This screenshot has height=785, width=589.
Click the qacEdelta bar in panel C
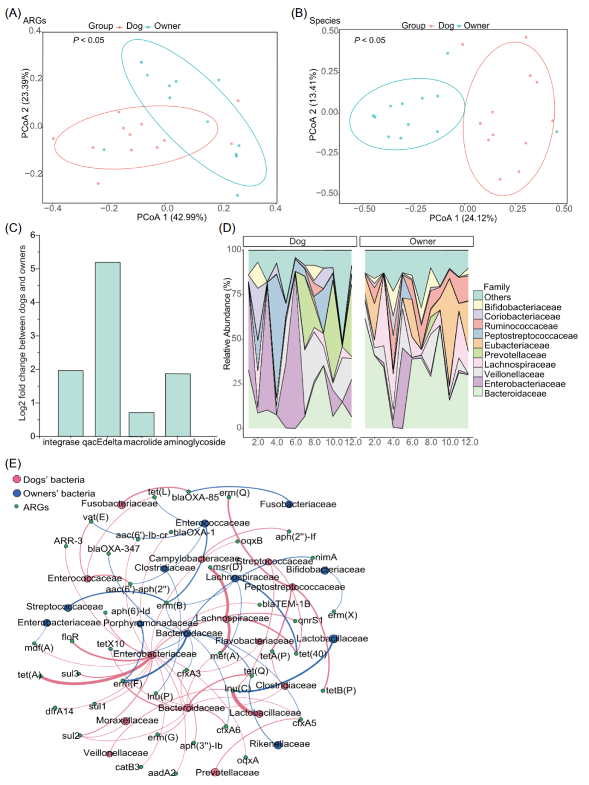point(107,349)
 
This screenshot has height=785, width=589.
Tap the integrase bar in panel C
point(70,403)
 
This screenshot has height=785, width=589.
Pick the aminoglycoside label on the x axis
point(195,442)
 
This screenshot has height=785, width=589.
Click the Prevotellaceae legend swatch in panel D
point(478,355)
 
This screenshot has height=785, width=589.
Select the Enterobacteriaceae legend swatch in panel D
point(478,384)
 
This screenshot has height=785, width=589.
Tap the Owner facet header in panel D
point(417,241)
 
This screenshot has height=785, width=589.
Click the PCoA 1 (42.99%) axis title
point(172,217)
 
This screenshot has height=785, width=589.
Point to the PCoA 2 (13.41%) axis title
point(313,105)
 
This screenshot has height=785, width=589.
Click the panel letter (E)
point(13,464)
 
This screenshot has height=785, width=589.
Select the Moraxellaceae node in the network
point(125,721)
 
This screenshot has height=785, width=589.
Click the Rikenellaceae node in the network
point(278,744)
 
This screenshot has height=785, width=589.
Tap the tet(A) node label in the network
point(29,675)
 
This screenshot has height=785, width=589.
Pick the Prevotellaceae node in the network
point(215,772)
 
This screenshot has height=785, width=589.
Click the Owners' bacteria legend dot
point(17,494)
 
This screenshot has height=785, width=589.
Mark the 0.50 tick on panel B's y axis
point(330,31)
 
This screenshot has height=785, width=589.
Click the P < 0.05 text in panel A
point(88,40)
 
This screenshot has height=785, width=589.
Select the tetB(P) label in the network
point(341,690)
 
